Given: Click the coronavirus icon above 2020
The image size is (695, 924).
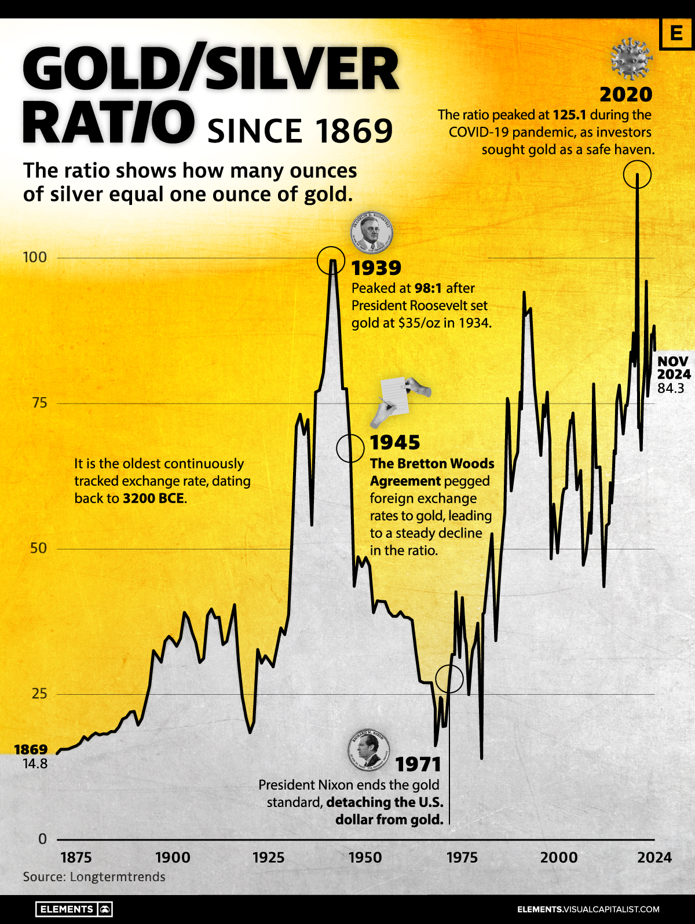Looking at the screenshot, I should pos(631,58).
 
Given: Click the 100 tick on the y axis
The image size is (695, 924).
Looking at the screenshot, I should pos(34,257).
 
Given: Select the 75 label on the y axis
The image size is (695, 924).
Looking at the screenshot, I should pos(39,402).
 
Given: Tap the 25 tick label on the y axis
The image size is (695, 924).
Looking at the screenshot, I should pos(39,693).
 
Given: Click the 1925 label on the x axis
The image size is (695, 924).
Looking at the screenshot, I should pos(269,857).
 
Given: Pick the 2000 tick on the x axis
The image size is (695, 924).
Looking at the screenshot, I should pos(559,857).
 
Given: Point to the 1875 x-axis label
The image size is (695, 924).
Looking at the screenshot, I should pos(76,857).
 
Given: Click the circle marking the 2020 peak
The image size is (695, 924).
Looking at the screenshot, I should pos(637,174).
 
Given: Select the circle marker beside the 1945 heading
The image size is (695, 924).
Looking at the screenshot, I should pos(350,448).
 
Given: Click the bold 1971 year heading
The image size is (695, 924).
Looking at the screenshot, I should pos(418,764).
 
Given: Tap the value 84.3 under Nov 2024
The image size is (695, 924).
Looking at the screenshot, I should pos(671,388).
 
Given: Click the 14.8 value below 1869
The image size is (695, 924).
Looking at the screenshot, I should pos(35,764).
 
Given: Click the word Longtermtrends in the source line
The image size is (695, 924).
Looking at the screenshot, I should pos(118,877).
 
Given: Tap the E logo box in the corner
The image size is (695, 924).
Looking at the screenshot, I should pos(676,34).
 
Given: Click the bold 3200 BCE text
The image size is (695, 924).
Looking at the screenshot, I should pos(153,498).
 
